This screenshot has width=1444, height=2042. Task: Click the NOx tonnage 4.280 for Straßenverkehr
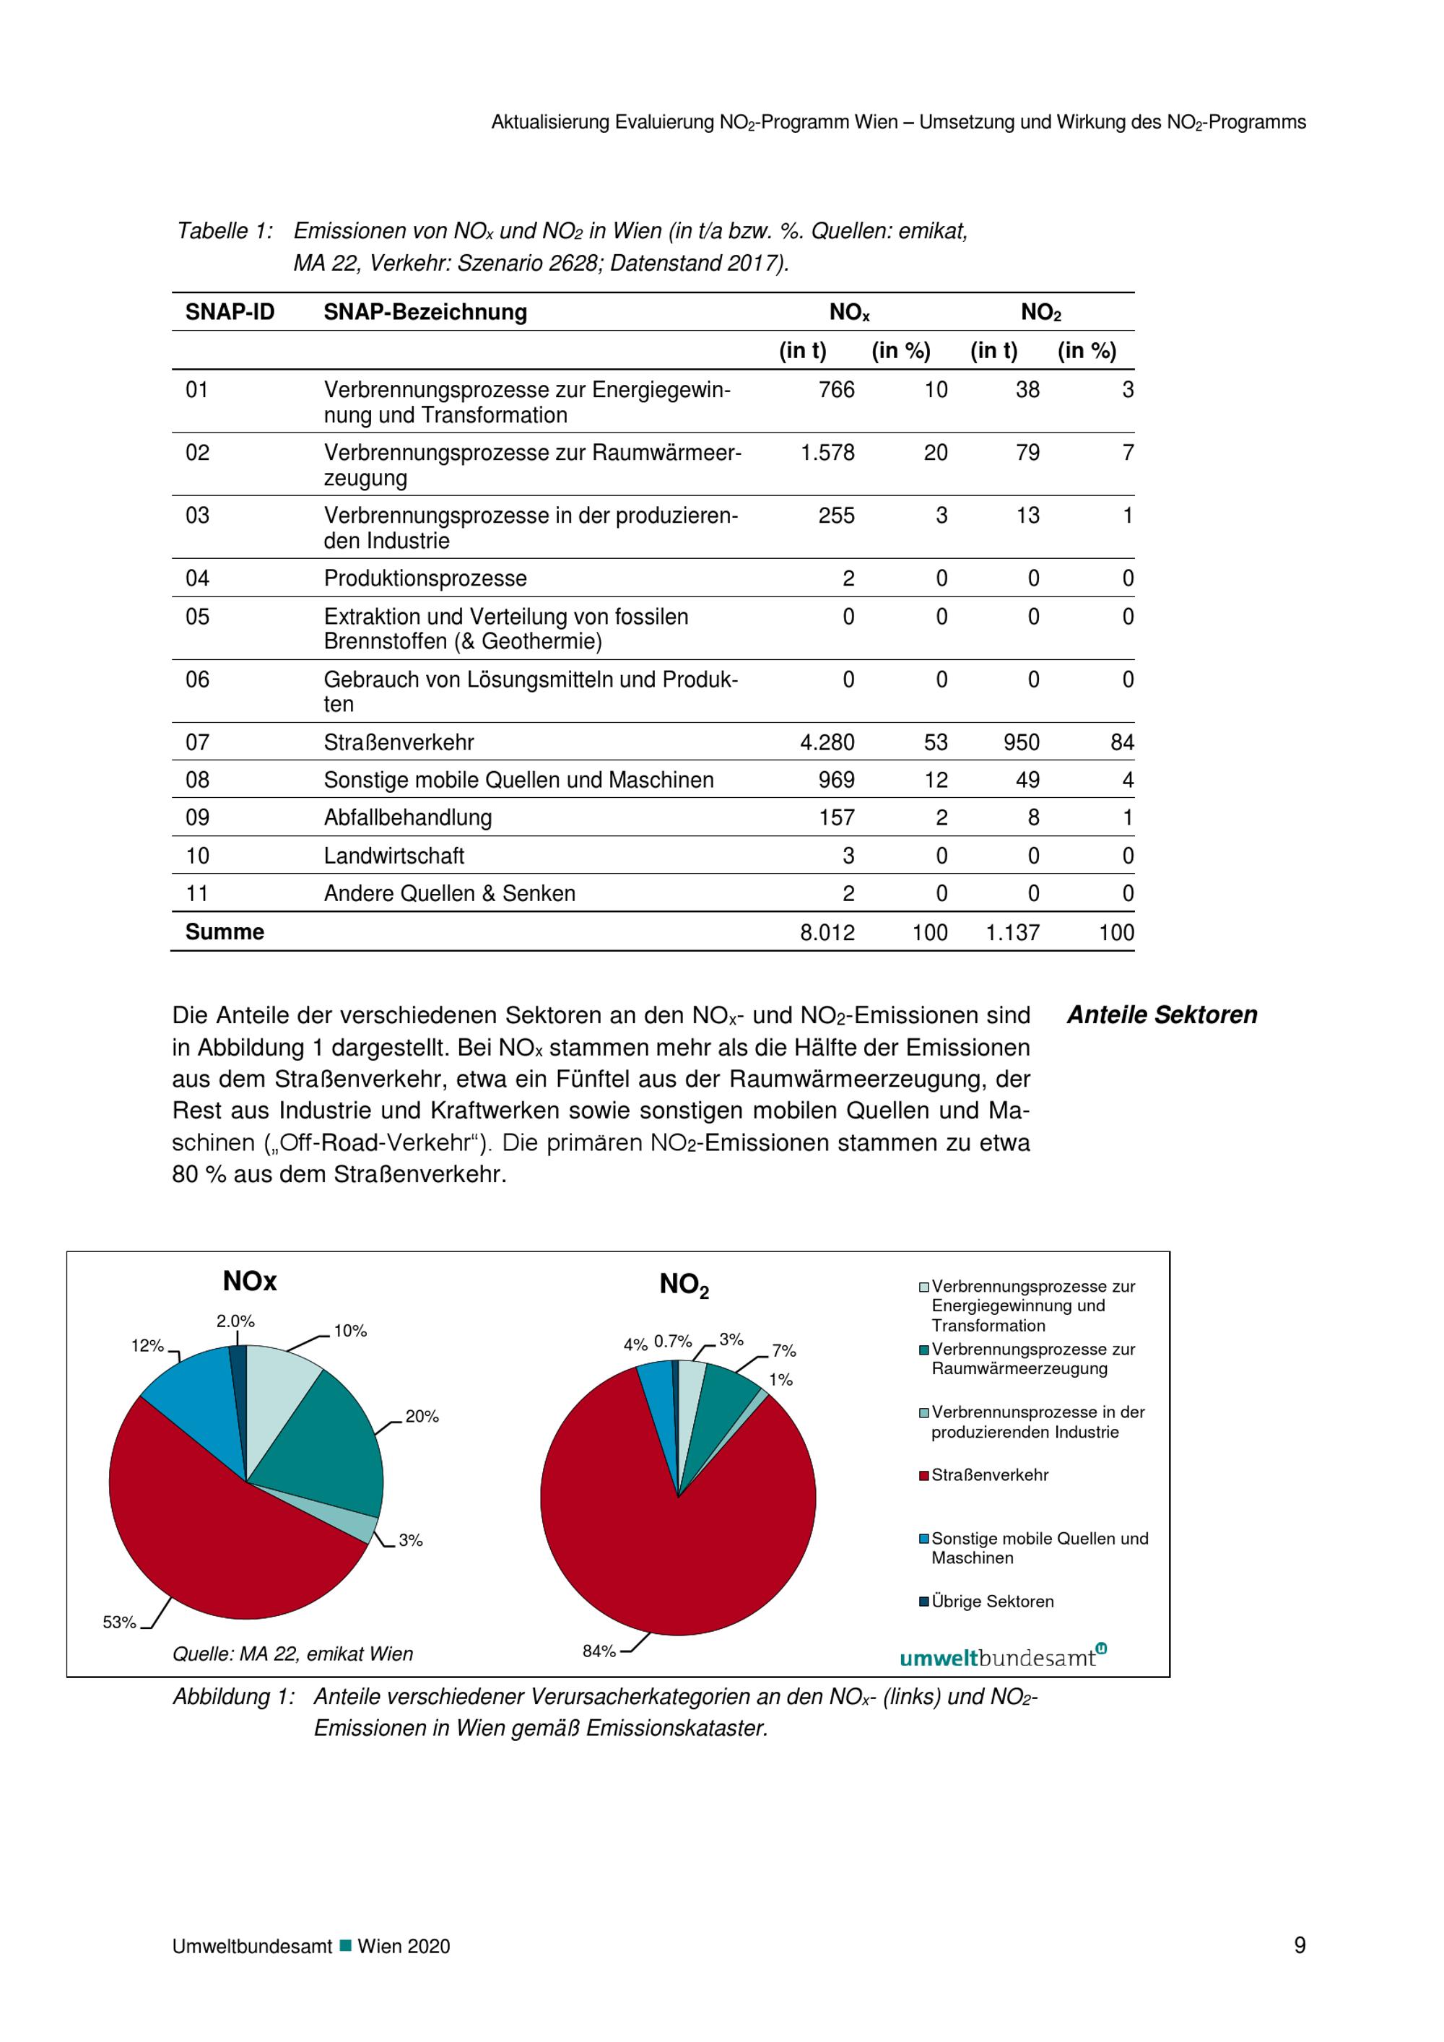point(827,742)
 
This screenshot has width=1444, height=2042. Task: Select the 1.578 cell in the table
point(827,453)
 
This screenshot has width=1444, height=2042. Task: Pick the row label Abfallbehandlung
point(407,817)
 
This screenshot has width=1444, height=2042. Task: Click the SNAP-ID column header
point(230,312)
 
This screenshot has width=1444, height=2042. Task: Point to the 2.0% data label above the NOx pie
point(235,1321)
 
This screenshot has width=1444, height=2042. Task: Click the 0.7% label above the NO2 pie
point(673,1341)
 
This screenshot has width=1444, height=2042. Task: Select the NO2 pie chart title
point(684,1285)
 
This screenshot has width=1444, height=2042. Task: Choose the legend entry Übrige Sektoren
point(991,1602)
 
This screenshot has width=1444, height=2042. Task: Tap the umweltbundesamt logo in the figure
point(1002,1658)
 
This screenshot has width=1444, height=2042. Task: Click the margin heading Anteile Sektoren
point(1161,1015)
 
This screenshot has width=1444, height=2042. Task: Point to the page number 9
point(1299,1946)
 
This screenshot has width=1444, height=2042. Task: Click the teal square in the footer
point(346,1946)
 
